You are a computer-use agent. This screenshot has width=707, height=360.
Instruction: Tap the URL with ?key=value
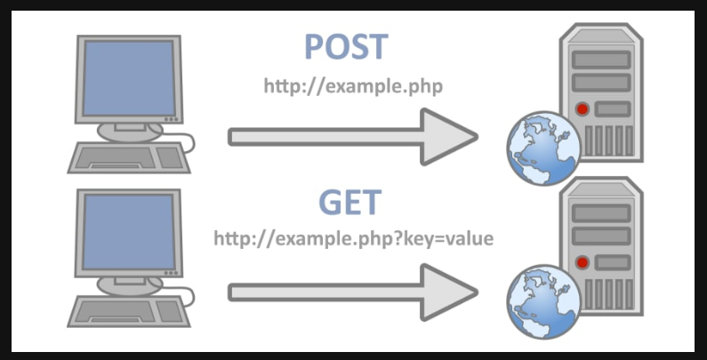coord(353,240)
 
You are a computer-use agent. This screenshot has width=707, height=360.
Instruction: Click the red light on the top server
coord(582,110)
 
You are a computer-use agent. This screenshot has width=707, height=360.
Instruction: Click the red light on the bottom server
coord(582,264)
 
